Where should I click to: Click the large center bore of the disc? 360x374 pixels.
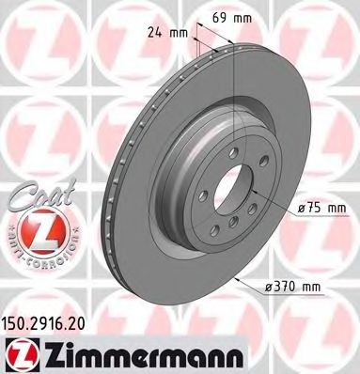229,193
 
